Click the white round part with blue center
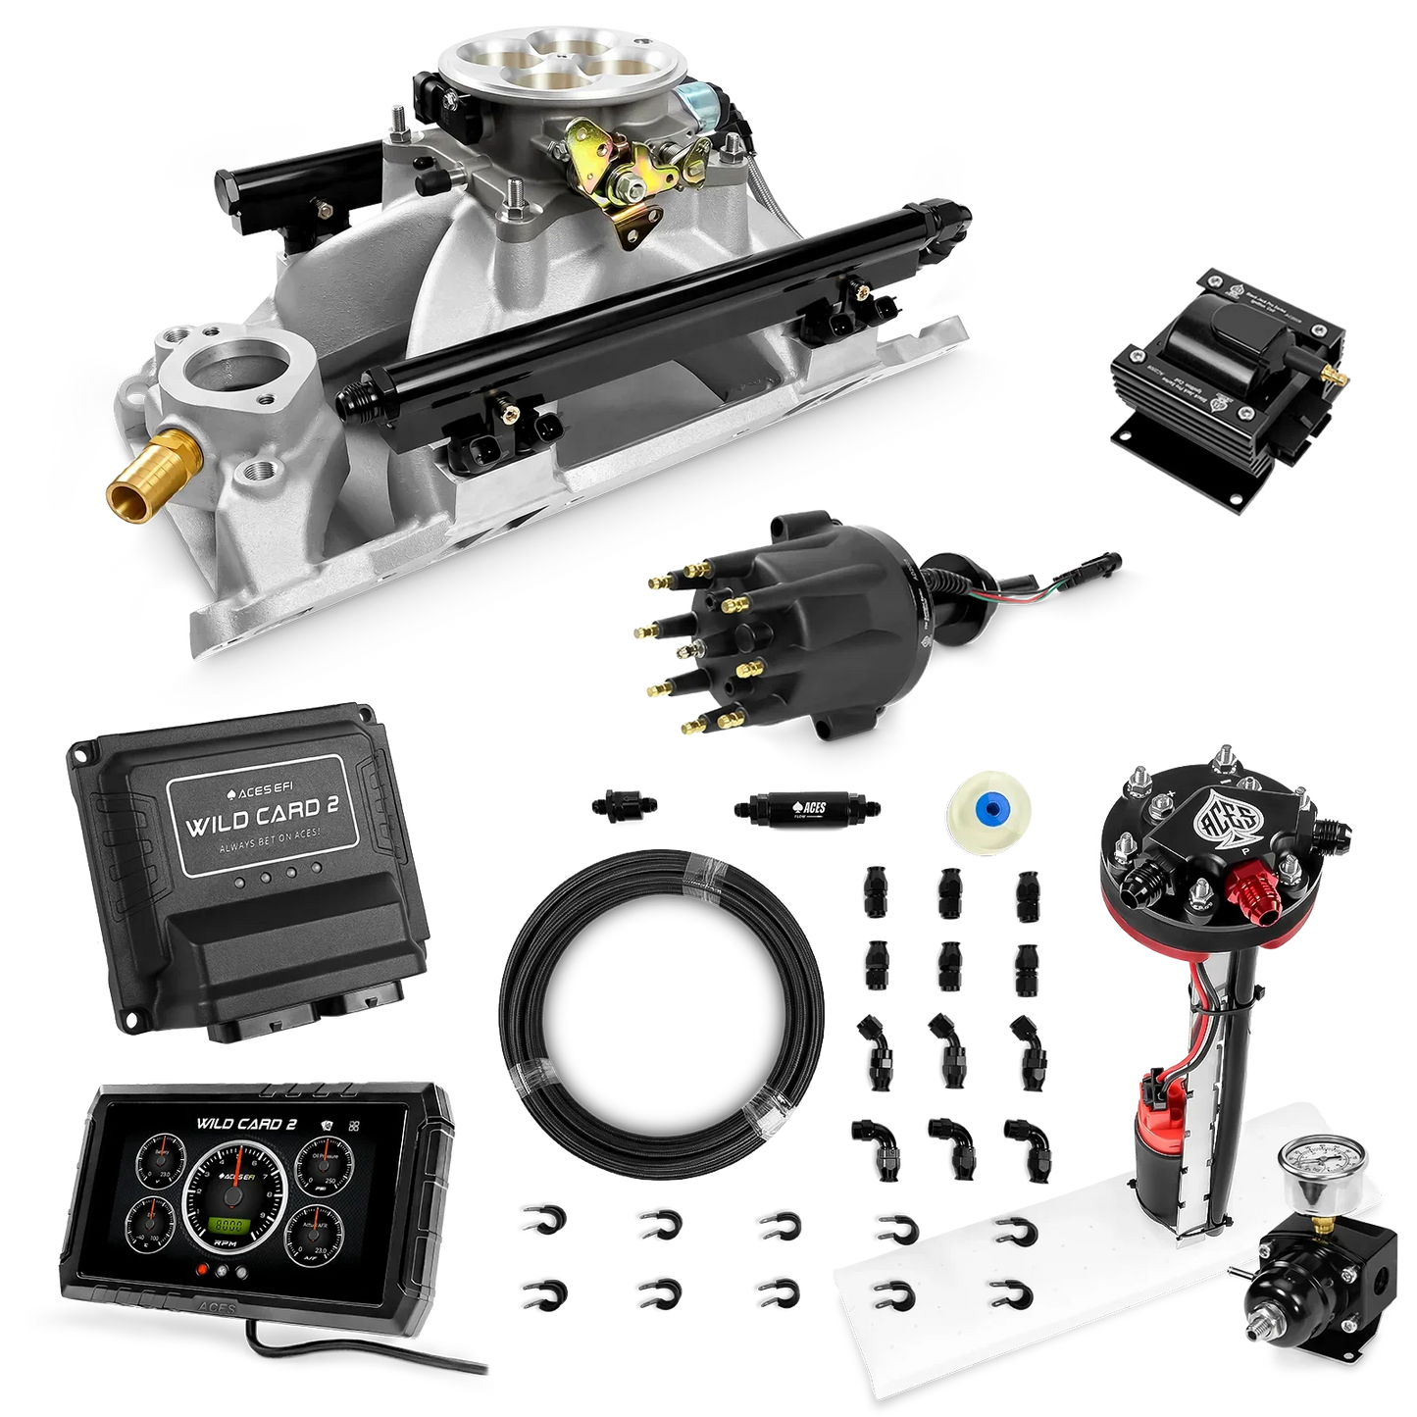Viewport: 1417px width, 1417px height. (x=981, y=810)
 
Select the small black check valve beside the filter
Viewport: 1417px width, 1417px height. (x=618, y=806)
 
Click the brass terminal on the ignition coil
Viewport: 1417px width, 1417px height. (x=1327, y=373)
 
